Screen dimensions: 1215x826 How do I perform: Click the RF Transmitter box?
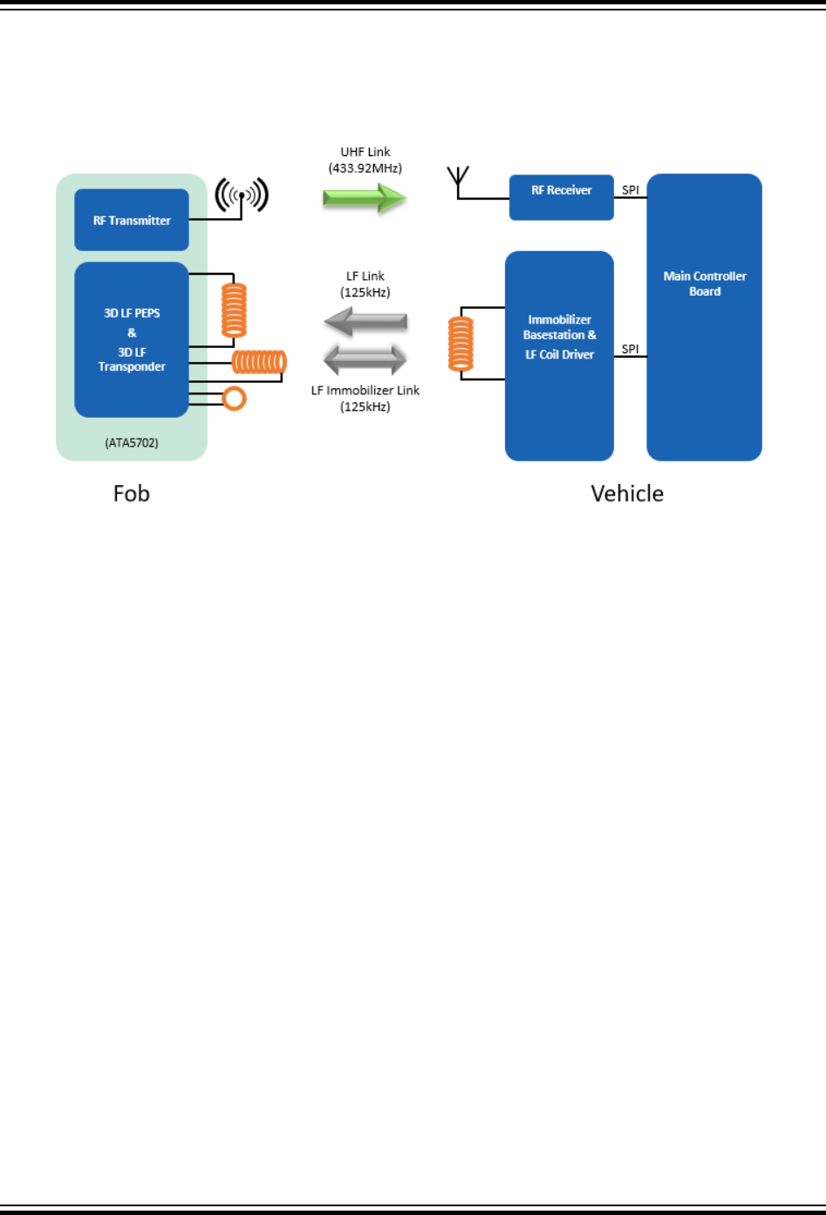tap(132, 220)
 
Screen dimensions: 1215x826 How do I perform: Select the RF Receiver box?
tap(561, 197)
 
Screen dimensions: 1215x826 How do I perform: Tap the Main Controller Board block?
tap(704, 317)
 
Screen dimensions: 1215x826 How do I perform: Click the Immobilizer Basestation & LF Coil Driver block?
tap(559, 355)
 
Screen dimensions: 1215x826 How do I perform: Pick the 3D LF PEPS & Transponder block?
tap(132, 339)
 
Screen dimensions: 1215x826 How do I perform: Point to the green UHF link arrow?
tap(365, 198)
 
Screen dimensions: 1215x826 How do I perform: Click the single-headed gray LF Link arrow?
tap(365, 322)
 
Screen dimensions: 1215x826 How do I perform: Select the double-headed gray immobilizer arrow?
tap(365, 359)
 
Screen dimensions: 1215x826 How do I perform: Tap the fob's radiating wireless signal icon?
tap(242, 195)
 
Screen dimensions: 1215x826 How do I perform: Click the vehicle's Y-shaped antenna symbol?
tap(458, 181)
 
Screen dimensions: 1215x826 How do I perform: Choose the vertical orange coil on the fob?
tap(234, 310)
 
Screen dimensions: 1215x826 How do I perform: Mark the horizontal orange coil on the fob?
tap(259, 362)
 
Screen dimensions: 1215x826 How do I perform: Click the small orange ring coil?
tap(234, 399)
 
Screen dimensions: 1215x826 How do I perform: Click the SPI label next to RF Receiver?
tap(630, 190)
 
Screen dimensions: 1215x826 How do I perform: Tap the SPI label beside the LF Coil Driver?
tap(630, 349)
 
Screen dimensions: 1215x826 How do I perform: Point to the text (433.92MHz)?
tap(365, 167)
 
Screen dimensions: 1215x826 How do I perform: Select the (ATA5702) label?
tap(132, 443)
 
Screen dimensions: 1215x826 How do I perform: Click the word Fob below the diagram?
tap(132, 494)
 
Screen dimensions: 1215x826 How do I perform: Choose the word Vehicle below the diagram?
tap(627, 494)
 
